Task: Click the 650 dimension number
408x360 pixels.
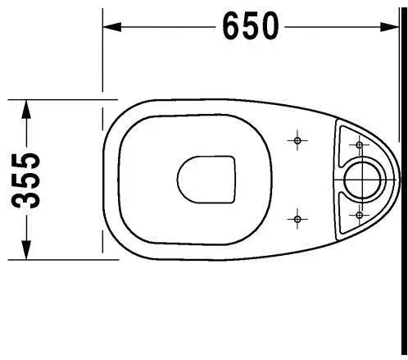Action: [x=251, y=26]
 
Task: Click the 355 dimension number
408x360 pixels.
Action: [x=26, y=180]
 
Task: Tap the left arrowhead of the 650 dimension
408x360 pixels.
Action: [x=111, y=27]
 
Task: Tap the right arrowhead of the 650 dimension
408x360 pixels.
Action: [x=390, y=27]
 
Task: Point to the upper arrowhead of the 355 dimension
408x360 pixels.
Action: [x=26, y=109]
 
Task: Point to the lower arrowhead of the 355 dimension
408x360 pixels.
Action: [x=26, y=250]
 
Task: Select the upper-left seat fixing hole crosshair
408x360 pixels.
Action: [x=297, y=140]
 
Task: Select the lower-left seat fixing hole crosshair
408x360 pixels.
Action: [x=297, y=219]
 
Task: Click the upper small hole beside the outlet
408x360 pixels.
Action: [x=360, y=145]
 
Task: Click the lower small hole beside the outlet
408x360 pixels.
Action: [x=360, y=215]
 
